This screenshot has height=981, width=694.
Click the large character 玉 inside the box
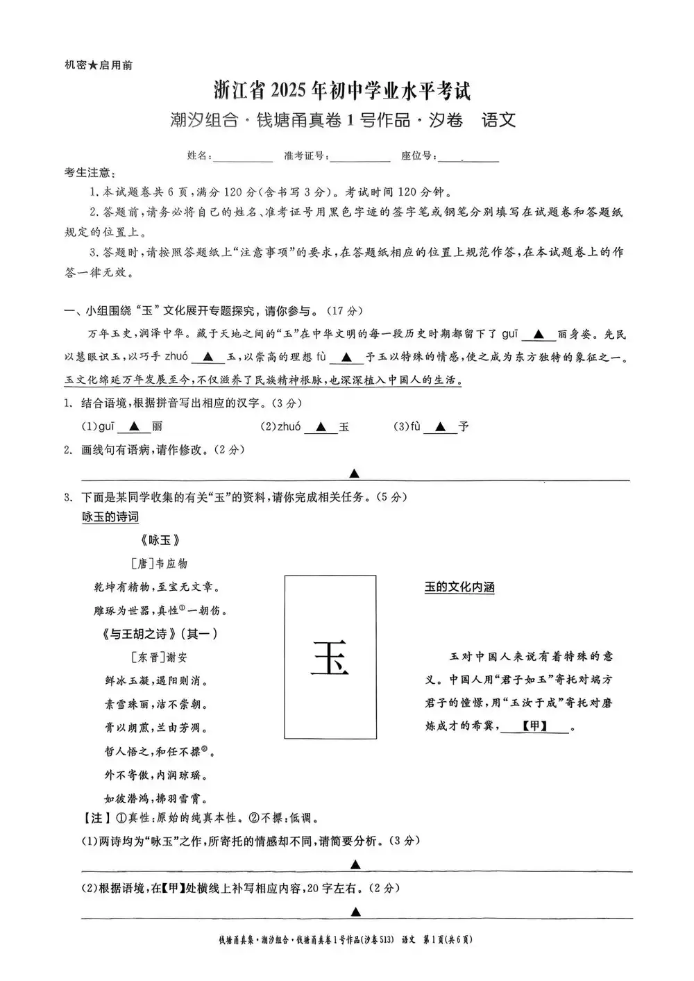pos(330,657)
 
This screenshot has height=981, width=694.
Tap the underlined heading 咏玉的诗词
pos(110,517)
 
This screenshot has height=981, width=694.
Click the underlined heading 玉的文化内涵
pos(459,587)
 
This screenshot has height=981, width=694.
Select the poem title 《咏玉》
pos(160,540)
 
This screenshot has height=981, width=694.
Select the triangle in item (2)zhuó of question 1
pos(320,427)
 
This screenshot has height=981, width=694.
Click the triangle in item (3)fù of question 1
pos(440,427)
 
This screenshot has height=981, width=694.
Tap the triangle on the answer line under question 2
pos(354,473)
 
